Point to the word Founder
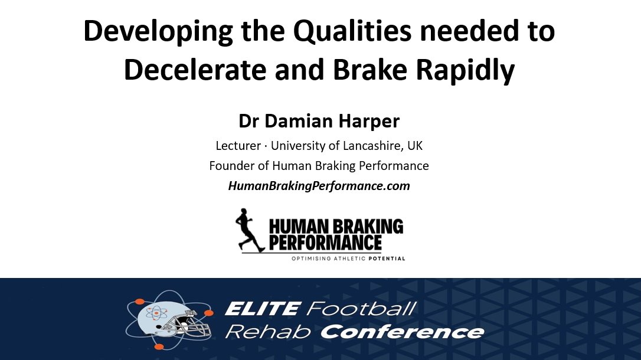coord(230,166)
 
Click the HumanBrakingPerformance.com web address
coord(319,186)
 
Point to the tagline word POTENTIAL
coord(387,258)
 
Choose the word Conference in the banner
coord(402,332)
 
